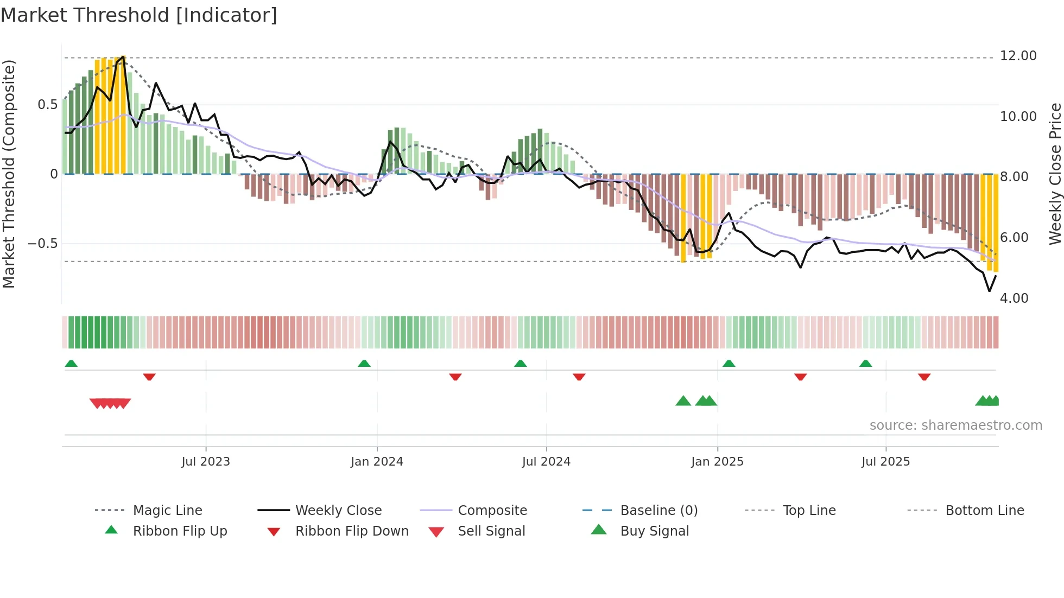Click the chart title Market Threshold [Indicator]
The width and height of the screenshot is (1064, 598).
139,15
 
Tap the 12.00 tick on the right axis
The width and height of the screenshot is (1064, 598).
1018,56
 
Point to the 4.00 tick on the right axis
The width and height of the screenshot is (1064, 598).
1014,298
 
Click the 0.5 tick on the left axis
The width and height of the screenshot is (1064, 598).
47,105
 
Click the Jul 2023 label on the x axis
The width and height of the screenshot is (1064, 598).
206,462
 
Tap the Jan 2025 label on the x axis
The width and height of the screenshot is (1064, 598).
717,462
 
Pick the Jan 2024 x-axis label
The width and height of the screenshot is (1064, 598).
377,462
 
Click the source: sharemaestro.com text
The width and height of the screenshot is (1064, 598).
955,425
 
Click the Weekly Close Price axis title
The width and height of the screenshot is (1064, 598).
1055,174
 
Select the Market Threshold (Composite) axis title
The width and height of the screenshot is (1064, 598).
9,174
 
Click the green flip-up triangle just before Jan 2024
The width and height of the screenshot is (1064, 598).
364,364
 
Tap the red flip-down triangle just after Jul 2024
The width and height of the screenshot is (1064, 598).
579,377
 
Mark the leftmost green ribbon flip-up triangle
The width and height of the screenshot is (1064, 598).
71,364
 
